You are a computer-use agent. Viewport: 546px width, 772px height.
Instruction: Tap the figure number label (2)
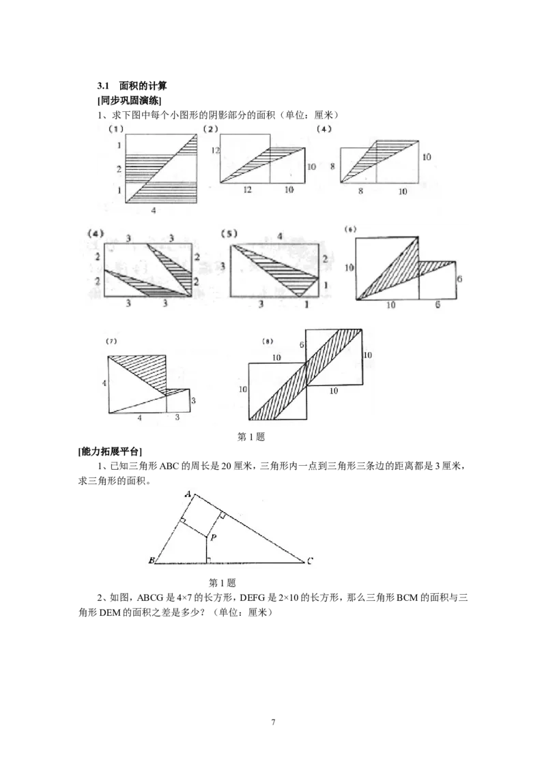pos(211,128)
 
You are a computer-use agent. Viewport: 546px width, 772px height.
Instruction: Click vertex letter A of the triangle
pos(188,492)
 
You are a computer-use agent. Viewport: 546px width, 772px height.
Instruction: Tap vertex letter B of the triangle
pos(151,561)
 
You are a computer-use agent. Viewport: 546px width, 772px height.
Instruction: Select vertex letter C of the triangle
pos(310,561)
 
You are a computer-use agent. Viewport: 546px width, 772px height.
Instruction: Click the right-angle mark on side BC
pos(208,560)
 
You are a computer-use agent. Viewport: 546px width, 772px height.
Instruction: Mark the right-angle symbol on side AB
pos(183,522)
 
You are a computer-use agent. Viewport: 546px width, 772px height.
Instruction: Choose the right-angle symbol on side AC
pos(222,516)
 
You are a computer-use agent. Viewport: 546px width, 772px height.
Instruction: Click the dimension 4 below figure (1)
pos(154,211)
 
